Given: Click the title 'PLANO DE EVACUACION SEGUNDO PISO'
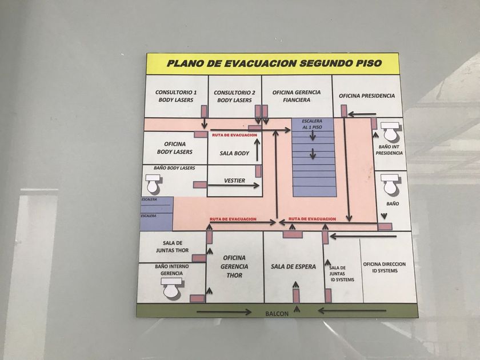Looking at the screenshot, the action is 274,63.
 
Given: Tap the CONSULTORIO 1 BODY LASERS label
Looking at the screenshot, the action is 176,96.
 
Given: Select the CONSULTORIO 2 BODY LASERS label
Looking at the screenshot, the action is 234,97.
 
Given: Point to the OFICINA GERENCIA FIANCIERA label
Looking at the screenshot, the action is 297,96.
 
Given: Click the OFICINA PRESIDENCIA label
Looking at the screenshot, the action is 367,96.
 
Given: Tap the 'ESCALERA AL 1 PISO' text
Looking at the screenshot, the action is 312,124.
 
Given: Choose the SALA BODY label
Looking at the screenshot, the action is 234,153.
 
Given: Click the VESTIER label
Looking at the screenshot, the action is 234,181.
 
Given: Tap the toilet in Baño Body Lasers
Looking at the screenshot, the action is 153,183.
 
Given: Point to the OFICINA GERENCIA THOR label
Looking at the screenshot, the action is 234,267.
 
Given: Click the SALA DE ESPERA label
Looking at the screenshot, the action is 293,267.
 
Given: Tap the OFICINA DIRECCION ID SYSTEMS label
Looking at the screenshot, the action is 385,267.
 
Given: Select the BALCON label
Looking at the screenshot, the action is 277,314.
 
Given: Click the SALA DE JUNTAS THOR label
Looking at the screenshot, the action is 173,246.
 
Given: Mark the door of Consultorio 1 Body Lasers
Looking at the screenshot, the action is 204,111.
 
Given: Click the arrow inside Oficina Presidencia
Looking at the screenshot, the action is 362,114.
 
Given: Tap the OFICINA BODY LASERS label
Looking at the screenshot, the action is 175,148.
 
